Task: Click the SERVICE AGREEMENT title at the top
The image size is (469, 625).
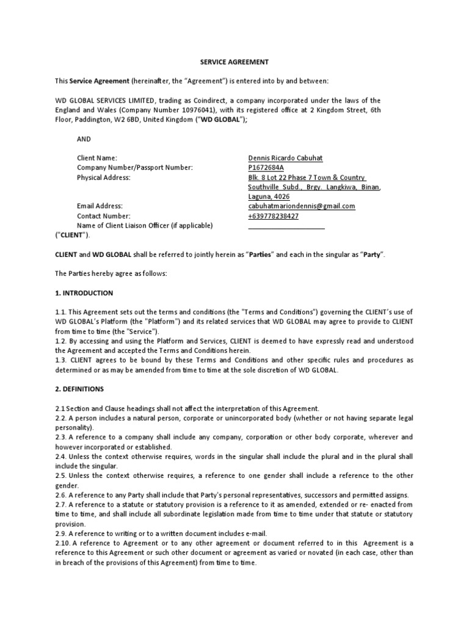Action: [234, 62]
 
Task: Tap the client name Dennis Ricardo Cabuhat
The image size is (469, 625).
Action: [285, 158]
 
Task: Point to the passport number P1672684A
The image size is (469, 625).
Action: [266, 168]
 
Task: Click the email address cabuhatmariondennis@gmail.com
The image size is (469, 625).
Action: [301, 206]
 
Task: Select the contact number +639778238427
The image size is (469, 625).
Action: [274, 216]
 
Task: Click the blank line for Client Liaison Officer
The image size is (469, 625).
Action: [286, 226]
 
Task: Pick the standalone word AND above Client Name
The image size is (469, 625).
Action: [84, 139]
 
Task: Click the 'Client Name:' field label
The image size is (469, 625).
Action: [97, 158]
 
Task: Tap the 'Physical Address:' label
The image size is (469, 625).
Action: [104, 178]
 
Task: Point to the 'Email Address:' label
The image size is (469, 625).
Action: [100, 206]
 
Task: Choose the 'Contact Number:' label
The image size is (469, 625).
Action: [104, 216]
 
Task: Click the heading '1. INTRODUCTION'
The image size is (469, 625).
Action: [84, 293]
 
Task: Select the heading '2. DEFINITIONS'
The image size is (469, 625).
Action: [79, 388]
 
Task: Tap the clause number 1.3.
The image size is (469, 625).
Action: [61, 360]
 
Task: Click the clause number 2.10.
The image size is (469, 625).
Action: [63, 543]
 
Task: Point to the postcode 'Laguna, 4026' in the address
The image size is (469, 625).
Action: [269, 197]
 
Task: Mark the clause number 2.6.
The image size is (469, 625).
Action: [61, 494]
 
